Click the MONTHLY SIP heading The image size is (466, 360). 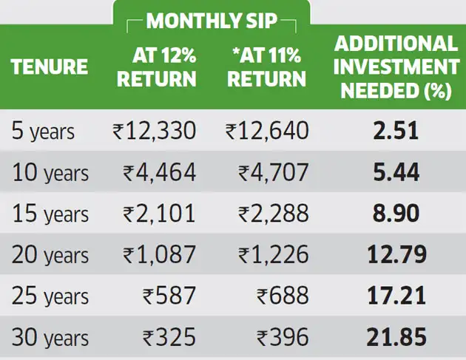(x=212, y=21)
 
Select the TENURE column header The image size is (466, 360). (x=50, y=66)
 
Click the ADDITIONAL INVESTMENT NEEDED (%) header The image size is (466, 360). (x=396, y=67)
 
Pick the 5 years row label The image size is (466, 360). (x=43, y=131)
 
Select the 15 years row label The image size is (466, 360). (x=50, y=214)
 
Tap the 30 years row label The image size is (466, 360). (x=50, y=337)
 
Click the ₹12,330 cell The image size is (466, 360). (x=155, y=131)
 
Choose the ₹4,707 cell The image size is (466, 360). (x=274, y=172)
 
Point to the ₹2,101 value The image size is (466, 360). (x=159, y=214)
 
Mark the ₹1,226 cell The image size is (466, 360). (x=274, y=254)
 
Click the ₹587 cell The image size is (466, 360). (x=169, y=296)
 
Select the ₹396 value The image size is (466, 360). (x=283, y=337)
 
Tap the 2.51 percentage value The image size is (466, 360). (x=396, y=131)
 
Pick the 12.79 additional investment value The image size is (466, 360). (x=396, y=254)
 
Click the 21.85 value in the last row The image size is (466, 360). (x=396, y=337)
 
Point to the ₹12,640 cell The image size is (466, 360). (x=267, y=131)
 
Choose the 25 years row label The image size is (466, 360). (x=50, y=296)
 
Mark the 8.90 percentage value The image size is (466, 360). (x=396, y=214)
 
